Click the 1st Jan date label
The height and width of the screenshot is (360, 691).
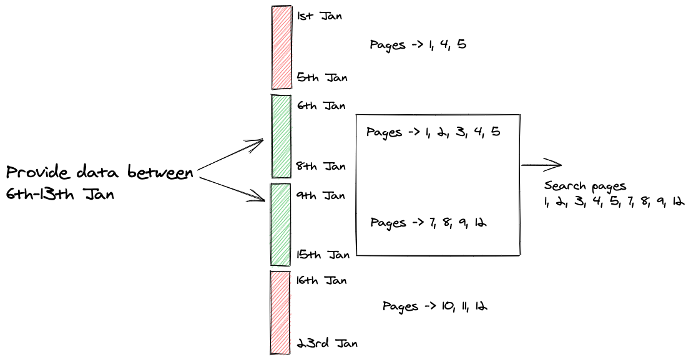(320, 16)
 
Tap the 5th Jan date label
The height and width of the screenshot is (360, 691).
(322, 78)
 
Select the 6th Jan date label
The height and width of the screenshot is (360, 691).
(321, 106)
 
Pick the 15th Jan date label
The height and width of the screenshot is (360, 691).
(323, 255)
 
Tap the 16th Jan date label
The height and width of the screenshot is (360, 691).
(321, 280)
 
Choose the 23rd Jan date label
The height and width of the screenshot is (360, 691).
(326, 343)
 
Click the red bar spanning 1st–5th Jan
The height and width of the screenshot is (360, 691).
(281, 47)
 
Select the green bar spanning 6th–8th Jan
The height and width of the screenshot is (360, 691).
(281, 136)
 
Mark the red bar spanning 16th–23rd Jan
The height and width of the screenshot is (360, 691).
(280, 312)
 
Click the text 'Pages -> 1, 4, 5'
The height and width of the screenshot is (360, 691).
(418, 45)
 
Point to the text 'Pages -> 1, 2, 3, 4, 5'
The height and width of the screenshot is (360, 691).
(433, 133)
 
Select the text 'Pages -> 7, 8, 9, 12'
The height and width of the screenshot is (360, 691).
(428, 223)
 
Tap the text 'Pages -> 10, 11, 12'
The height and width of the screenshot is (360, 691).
(435, 306)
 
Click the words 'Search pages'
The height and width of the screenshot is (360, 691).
(585, 187)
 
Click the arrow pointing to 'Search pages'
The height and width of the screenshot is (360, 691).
(541, 165)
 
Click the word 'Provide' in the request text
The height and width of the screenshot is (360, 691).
(40, 173)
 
